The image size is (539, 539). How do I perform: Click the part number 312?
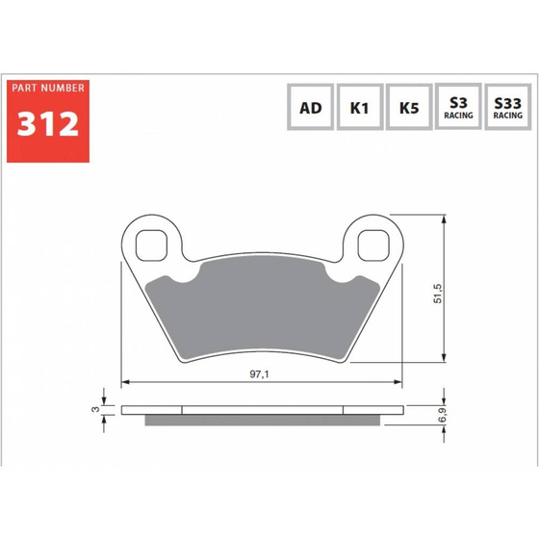pyautogui.click(x=48, y=124)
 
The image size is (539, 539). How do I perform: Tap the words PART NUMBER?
pyautogui.click(x=48, y=88)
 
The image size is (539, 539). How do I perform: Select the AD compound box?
pyautogui.click(x=310, y=107)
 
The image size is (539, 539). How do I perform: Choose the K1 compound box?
pyautogui.click(x=360, y=107)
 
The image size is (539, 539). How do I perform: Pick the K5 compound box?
pyautogui.click(x=409, y=107)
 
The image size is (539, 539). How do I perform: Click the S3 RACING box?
pyautogui.click(x=458, y=106)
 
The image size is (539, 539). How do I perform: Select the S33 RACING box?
pyautogui.click(x=508, y=107)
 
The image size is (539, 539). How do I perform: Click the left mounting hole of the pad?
pyautogui.click(x=152, y=245)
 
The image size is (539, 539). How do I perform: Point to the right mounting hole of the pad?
pyautogui.click(x=373, y=245)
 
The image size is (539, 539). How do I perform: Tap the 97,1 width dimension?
pyautogui.click(x=260, y=374)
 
